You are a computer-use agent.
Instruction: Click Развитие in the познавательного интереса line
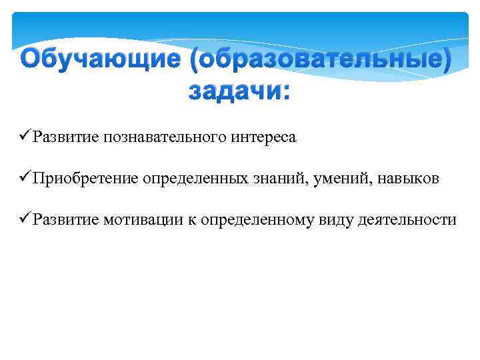coord(65,137)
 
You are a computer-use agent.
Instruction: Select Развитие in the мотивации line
coord(65,220)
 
